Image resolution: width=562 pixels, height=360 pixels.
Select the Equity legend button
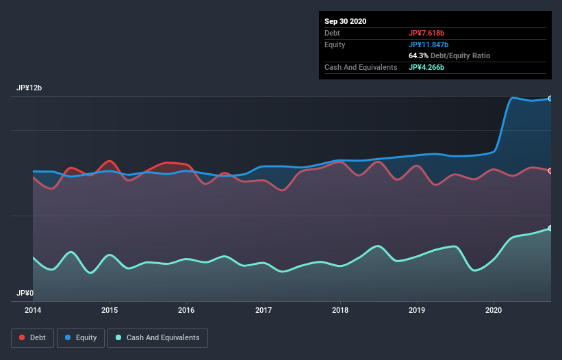click(81, 337)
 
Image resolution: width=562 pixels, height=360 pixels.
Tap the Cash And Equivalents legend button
click(157, 337)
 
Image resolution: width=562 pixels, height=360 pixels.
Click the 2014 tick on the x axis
click(33, 310)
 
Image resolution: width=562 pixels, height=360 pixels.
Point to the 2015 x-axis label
click(110, 310)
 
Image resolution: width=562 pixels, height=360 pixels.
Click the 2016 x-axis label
click(186, 310)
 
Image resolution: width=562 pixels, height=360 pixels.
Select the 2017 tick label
click(264, 310)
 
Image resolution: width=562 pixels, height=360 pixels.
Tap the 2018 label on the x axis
click(340, 310)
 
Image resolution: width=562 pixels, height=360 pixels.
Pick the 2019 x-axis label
click(417, 310)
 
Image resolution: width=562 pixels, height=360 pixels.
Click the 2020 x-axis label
click(494, 310)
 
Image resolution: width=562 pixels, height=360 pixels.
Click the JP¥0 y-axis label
click(25, 293)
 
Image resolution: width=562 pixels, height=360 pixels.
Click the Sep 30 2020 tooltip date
click(346, 21)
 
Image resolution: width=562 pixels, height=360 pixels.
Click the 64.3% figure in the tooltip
click(418, 55)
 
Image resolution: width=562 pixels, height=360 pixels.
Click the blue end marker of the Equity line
click(550, 99)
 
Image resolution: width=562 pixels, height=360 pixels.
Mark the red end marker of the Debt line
click(550, 171)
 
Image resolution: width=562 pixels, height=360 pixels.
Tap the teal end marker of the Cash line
click(550, 229)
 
